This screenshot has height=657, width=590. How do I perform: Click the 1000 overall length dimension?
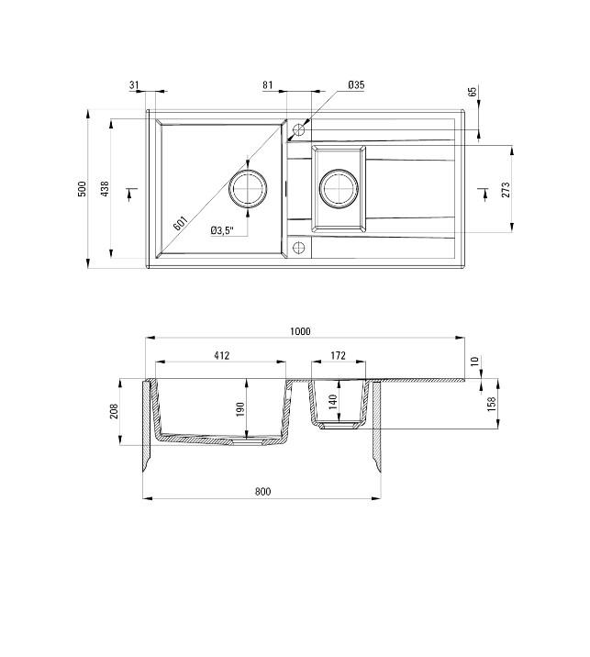point(300,331)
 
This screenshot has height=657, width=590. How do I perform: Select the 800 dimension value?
point(262,492)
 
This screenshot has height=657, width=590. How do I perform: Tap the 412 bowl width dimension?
point(221,355)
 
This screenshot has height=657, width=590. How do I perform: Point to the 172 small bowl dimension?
point(338,355)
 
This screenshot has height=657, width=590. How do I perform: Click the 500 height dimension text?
point(82,189)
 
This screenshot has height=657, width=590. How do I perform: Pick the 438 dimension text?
point(105,189)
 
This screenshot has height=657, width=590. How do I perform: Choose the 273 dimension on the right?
point(506,191)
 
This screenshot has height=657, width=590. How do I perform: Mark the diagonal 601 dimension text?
point(180,222)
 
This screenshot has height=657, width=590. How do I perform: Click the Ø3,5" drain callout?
point(222,230)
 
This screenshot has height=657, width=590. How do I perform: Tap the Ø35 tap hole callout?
point(356,85)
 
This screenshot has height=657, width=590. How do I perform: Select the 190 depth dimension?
point(240,409)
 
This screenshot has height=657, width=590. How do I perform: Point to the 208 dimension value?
point(114,411)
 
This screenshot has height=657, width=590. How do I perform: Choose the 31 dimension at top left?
point(135,85)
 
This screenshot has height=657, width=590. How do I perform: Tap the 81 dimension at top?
point(268,85)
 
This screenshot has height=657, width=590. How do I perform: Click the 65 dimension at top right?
point(473,93)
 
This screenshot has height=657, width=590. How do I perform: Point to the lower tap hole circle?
point(297,247)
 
